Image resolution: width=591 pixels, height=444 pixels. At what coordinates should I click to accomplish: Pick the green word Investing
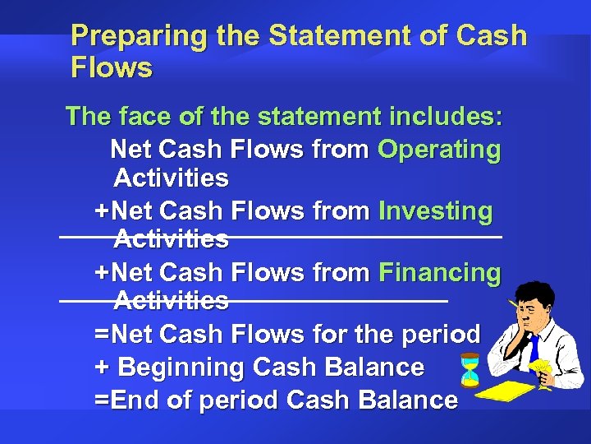pos(435,211)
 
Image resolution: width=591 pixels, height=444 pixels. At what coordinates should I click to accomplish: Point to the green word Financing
pos(439,272)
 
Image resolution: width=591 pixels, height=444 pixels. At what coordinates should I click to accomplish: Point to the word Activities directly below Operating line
pos(171,178)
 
